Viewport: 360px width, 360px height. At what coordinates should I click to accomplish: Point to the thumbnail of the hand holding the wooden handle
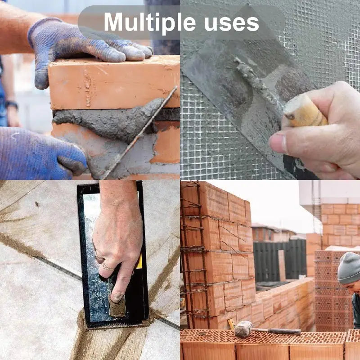(x=278, y=144)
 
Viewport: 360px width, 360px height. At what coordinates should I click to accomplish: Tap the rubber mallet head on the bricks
(x=243, y=329)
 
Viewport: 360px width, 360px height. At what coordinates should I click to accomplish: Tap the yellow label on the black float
(x=139, y=261)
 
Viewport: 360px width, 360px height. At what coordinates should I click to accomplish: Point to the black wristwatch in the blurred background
(x=12, y=105)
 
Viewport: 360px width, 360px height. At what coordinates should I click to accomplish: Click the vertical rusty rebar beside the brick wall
(x=198, y=252)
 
